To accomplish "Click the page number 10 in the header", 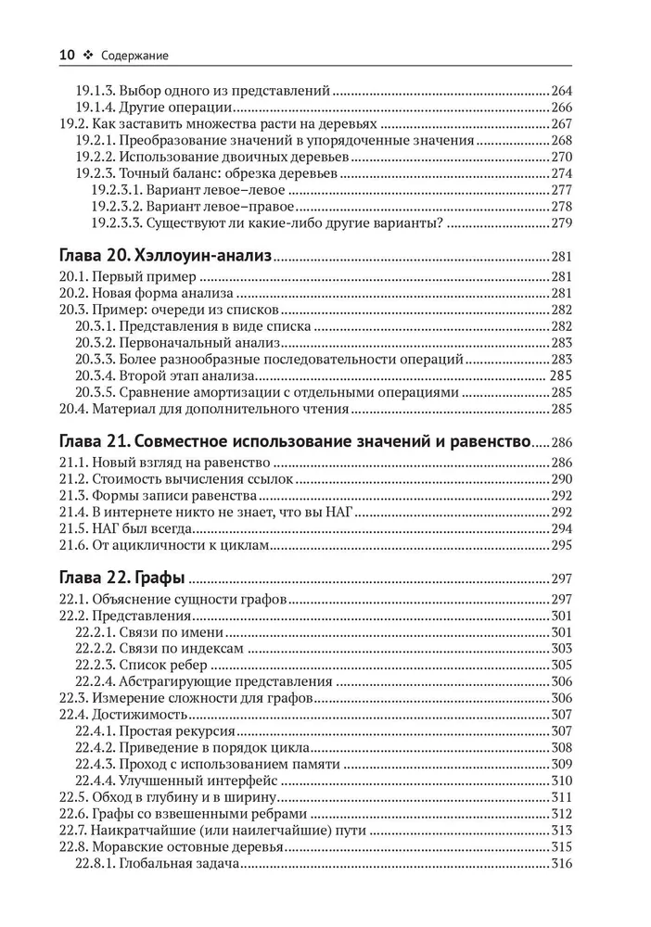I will (66, 56).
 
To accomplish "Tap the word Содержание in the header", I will (134, 56).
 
